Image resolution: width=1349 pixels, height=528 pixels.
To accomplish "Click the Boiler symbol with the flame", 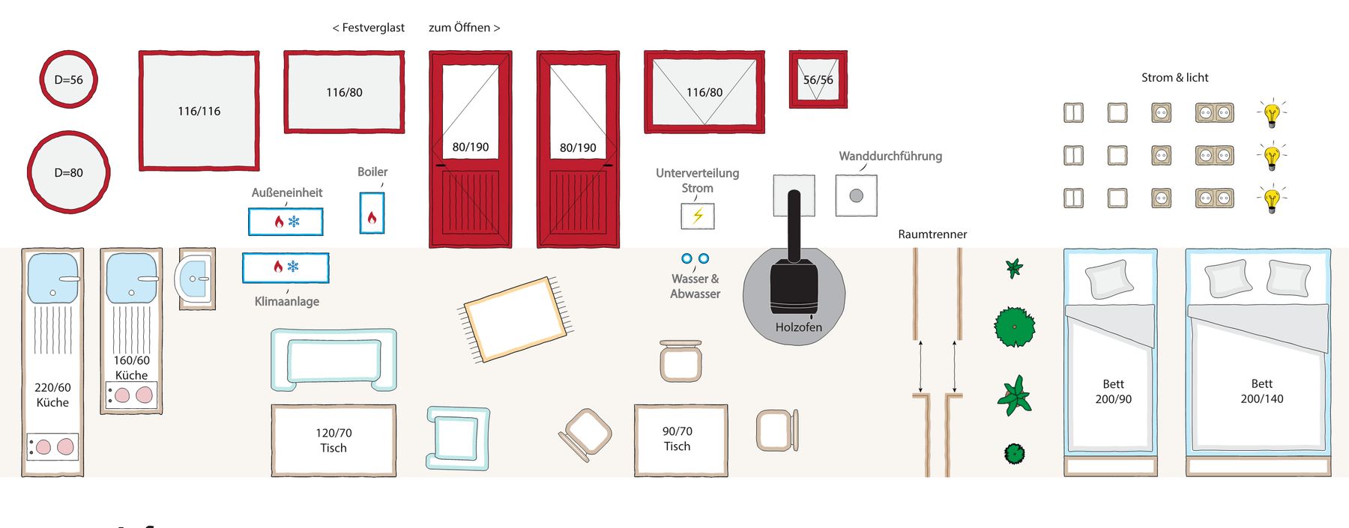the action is (372, 213).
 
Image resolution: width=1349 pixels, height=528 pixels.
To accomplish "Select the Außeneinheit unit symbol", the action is (286, 222).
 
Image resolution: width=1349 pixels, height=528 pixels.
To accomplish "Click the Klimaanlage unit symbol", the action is (286, 267).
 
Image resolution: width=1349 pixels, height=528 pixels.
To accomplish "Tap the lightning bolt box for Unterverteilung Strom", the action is (698, 216).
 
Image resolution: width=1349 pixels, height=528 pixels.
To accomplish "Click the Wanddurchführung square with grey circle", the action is (856, 195).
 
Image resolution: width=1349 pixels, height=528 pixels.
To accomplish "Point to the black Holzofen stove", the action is (794, 285).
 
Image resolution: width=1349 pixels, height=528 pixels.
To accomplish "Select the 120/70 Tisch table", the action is (334, 440).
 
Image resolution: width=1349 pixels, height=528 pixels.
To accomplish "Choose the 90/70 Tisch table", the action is (680, 440).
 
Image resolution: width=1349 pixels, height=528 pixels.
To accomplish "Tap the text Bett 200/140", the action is (1262, 391).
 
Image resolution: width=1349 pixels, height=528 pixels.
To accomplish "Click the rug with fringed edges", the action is (516, 319).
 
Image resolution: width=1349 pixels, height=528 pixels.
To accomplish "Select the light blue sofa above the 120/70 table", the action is (334, 359).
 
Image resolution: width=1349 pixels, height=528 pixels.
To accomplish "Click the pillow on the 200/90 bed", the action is (1109, 279).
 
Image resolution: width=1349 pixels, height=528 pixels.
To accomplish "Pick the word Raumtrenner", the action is (932, 234).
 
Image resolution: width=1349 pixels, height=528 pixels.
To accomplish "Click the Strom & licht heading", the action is (1174, 78).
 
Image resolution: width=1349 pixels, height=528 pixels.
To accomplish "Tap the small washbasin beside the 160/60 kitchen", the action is (196, 279).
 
